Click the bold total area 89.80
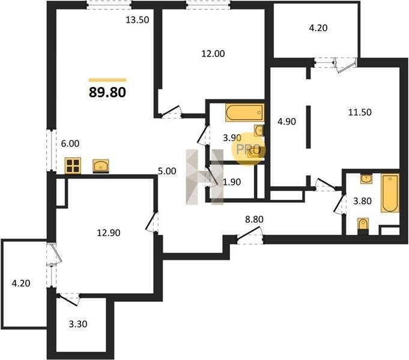click(108, 92)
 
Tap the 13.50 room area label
click(138, 20)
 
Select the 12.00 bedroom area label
click(213, 54)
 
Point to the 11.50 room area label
click(360, 112)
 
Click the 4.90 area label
click(286, 121)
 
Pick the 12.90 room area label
click(109, 233)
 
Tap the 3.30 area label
click(78, 324)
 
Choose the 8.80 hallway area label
click(254, 219)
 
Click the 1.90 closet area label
click(232, 182)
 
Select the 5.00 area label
click(167, 171)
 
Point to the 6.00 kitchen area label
click(70, 143)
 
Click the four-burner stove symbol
click(73, 166)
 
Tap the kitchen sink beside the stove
click(101, 166)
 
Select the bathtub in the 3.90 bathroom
click(244, 113)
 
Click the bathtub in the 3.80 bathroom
click(390, 193)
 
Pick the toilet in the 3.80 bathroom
click(363, 226)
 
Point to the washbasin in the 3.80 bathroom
click(366, 179)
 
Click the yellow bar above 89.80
click(108, 80)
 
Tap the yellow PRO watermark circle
click(249, 149)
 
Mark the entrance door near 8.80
click(250, 235)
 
